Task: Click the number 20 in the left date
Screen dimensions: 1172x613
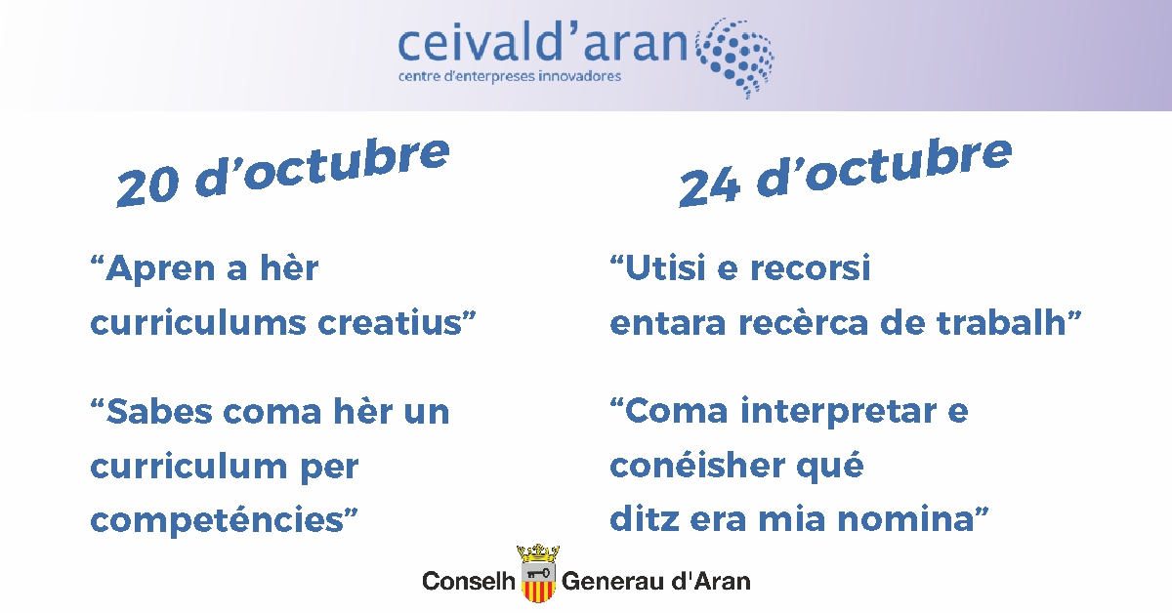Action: tap(147, 186)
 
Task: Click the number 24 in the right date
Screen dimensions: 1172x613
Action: tap(709, 186)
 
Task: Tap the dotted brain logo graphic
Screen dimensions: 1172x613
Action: tap(735, 58)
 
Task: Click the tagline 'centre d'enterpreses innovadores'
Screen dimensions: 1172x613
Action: tap(510, 76)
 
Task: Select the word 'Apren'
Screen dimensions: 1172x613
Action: tap(160, 268)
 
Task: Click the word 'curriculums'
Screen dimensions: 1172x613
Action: tap(197, 323)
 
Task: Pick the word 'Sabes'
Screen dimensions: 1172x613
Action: tap(158, 412)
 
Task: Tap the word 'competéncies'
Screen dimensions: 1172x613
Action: tap(217, 521)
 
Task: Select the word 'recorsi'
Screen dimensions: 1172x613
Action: tap(811, 267)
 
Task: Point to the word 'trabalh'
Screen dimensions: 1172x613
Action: tap(1001, 322)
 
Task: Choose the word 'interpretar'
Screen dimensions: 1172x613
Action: tap(838, 412)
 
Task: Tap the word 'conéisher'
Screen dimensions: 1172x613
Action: tap(697, 465)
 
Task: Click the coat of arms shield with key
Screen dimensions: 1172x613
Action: tap(538, 582)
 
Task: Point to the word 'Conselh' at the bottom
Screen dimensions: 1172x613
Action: tap(468, 581)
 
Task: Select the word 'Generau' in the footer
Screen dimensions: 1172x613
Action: tap(611, 581)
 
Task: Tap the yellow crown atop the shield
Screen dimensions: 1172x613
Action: tap(538, 552)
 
